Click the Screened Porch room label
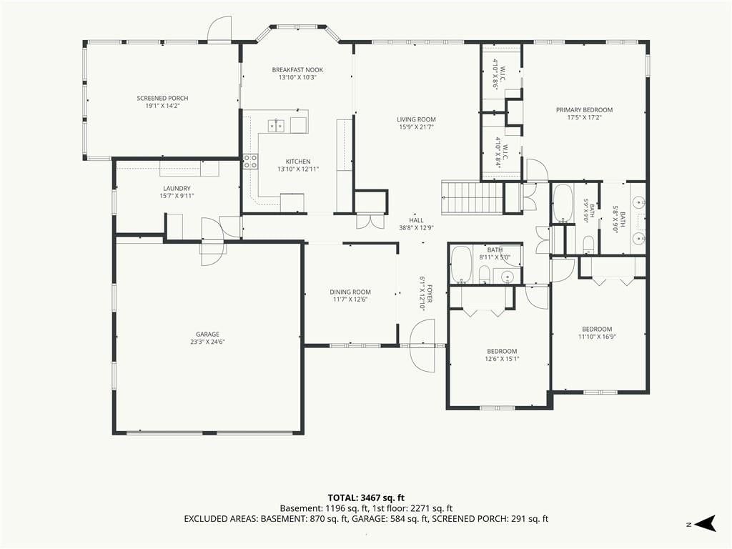pos(162,98)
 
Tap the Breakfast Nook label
pos(297,70)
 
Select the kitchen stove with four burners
pos(249,162)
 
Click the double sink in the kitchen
pos(277,125)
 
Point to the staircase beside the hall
pos(472,197)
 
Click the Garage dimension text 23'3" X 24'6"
pos(207,342)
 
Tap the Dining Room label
pos(350,292)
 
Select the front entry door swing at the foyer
pos(422,345)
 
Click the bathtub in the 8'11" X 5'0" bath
pos(461,264)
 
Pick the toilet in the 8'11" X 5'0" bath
pos(484,274)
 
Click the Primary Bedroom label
pos(584,110)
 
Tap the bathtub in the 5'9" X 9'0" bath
pos(563,204)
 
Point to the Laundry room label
pos(177,189)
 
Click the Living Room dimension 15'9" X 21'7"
pos(416,127)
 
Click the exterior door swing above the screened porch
pos(219,29)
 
